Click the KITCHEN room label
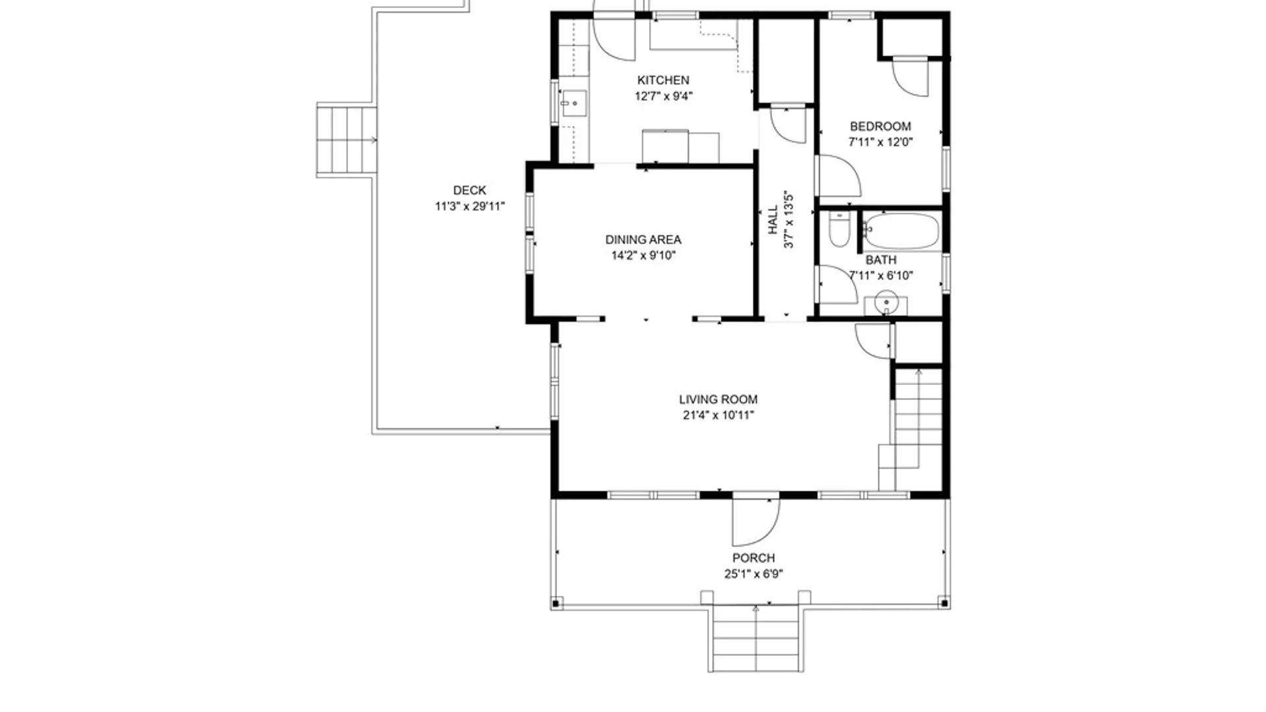[x=663, y=80]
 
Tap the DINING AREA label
[x=643, y=240]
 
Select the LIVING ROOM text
[x=718, y=400]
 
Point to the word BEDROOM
[x=880, y=127]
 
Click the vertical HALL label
[x=773, y=220]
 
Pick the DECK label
[x=469, y=191]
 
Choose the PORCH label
[x=753, y=558]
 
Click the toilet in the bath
[x=839, y=229]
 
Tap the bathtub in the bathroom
[x=901, y=231]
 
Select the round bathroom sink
[x=886, y=303]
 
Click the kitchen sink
[x=573, y=104]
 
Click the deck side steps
[x=346, y=140]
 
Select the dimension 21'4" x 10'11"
[x=718, y=415]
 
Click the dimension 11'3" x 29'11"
[x=469, y=206]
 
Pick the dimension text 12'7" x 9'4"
[x=663, y=96]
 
